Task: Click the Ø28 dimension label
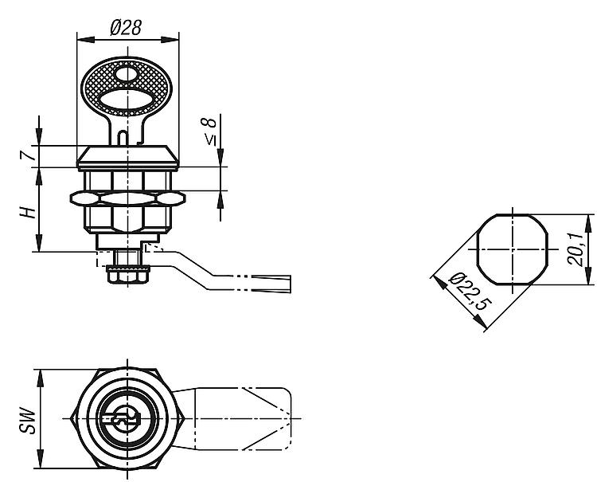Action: pos(126,27)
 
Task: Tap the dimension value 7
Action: pos(27,155)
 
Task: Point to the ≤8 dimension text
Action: pos(209,131)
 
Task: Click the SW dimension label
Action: pos(27,421)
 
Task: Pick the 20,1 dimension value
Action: pos(575,249)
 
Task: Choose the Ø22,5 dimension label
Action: pos(470,292)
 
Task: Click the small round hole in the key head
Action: pos(126,74)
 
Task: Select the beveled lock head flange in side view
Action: pos(128,157)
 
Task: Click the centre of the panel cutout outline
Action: pos(513,249)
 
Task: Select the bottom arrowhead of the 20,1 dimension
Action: pos(588,276)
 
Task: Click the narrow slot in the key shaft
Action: pos(123,138)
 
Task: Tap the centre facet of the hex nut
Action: pos(128,198)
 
